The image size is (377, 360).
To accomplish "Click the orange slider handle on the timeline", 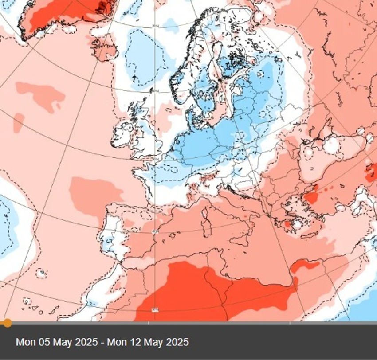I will (8, 323).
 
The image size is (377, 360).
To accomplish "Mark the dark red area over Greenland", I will (62, 16).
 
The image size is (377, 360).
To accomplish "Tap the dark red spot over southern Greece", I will (287, 224).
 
